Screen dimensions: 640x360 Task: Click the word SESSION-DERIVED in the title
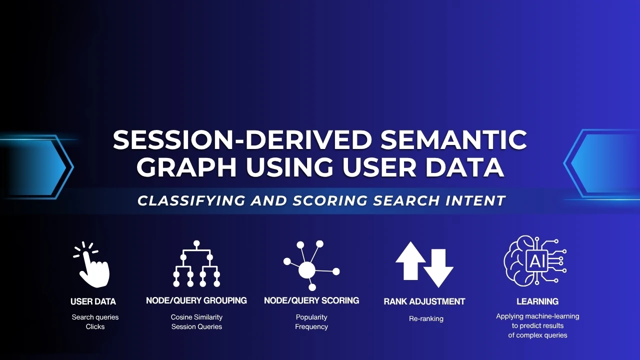tap(242, 139)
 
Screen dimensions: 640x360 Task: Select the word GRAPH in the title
tap(186, 167)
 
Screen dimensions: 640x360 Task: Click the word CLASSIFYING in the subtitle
tap(191, 200)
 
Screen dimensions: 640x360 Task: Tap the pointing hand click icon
tap(92, 264)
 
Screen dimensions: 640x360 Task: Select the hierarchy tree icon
tap(196, 263)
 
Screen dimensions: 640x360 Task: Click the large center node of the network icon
tap(307, 269)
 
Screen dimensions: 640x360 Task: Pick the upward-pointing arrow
tap(410, 260)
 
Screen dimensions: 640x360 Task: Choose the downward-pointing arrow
tap(438, 268)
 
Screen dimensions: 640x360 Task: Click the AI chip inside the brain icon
tap(537, 260)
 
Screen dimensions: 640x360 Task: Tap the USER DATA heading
tap(93, 301)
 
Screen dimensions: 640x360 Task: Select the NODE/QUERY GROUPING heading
tap(196, 300)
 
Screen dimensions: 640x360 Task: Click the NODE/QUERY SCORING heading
tap(311, 300)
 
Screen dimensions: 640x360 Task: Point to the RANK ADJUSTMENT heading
tap(424, 301)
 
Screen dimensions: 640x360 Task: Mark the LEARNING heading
tap(537, 301)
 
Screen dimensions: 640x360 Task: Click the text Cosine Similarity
tap(196, 317)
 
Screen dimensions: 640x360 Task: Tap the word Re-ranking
tap(426, 319)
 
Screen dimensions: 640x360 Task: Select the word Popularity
tap(311, 317)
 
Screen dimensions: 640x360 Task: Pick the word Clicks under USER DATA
tap(95, 326)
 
